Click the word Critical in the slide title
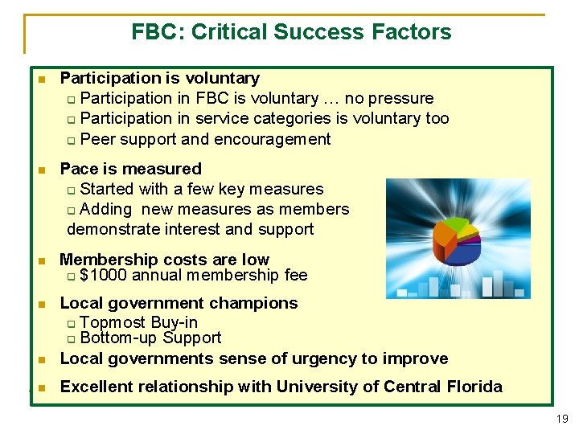[235, 32]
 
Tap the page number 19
[562, 418]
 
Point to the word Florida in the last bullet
[476, 387]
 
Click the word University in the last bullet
[312, 387]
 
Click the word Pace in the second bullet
[77, 169]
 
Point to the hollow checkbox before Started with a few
[72, 190]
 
